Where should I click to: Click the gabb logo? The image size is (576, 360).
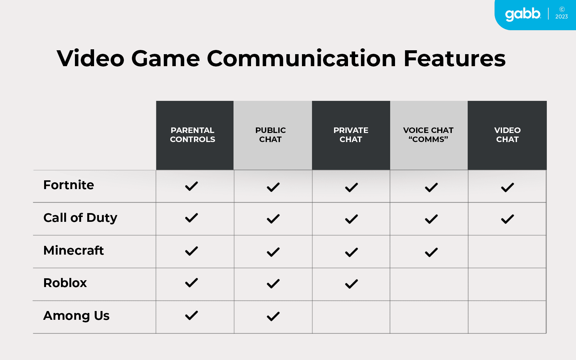pos(523,15)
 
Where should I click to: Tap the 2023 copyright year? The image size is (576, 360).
pos(561,17)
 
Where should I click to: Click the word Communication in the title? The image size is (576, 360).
pos(301,58)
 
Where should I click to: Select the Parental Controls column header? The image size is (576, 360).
pos(193,135)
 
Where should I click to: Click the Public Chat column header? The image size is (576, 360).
pos(270,135)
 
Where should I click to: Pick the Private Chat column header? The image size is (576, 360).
pos(351,135)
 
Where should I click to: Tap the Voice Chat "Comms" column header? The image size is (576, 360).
pos(428,135)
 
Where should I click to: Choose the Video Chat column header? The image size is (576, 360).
pos(508,135)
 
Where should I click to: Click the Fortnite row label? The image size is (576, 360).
pos(69,185)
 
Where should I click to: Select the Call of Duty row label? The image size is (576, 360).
pos(80,218)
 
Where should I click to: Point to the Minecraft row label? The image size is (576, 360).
pos(74,250)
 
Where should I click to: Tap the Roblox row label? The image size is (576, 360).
pos(65,283)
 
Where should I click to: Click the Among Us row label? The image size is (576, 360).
pos(77,316)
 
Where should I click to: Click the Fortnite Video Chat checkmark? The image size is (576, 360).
pos(508,187)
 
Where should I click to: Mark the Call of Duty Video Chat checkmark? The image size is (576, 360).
pos(508,219)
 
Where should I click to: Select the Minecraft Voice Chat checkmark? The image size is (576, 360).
pos(431,252)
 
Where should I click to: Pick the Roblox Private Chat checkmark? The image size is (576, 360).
pos(352,284)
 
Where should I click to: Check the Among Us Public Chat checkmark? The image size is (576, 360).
pos(273,316)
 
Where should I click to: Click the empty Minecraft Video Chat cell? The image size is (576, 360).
pos(507,252)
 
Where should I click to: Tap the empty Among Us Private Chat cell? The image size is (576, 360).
pos(351,317)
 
